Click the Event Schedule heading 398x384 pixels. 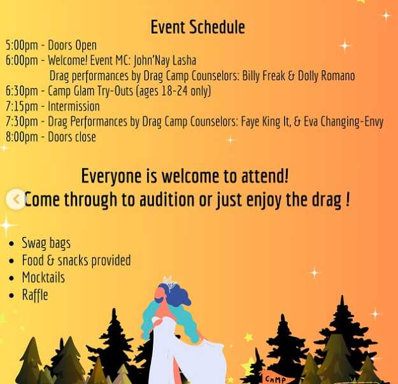(198, 27)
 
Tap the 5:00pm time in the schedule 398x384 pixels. (22, 45)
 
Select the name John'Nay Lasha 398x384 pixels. (165, 60)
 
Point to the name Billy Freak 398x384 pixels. (264, 76)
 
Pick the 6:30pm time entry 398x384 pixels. (22, 91)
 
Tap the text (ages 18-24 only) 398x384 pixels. (174, 91)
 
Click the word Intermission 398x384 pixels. (74, 106)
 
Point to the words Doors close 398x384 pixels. (72, 137)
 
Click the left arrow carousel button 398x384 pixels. (16, 199)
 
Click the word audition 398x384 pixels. (167, 199)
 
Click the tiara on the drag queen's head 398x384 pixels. (169, 283)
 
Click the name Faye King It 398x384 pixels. (265, 122)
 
